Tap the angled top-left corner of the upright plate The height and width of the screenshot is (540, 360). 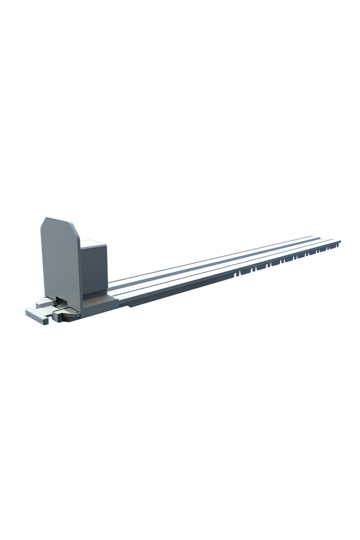[44, 222]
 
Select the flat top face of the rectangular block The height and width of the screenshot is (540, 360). [94, 243]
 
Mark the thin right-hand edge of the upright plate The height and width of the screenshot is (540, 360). [80, 270]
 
